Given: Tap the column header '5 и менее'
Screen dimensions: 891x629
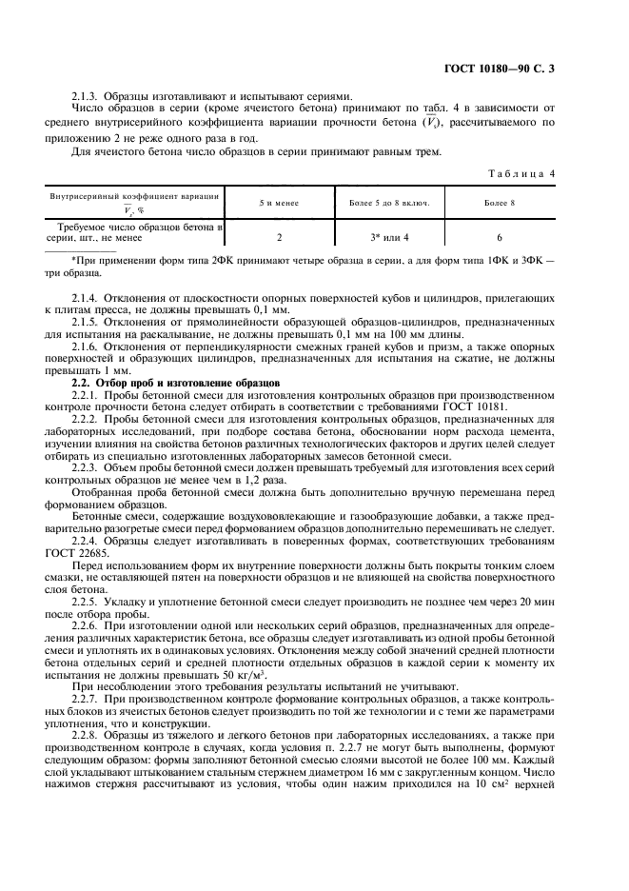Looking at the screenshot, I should (x=279, y=204).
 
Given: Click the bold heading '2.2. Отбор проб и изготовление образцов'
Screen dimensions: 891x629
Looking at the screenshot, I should (x=175, y=382).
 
